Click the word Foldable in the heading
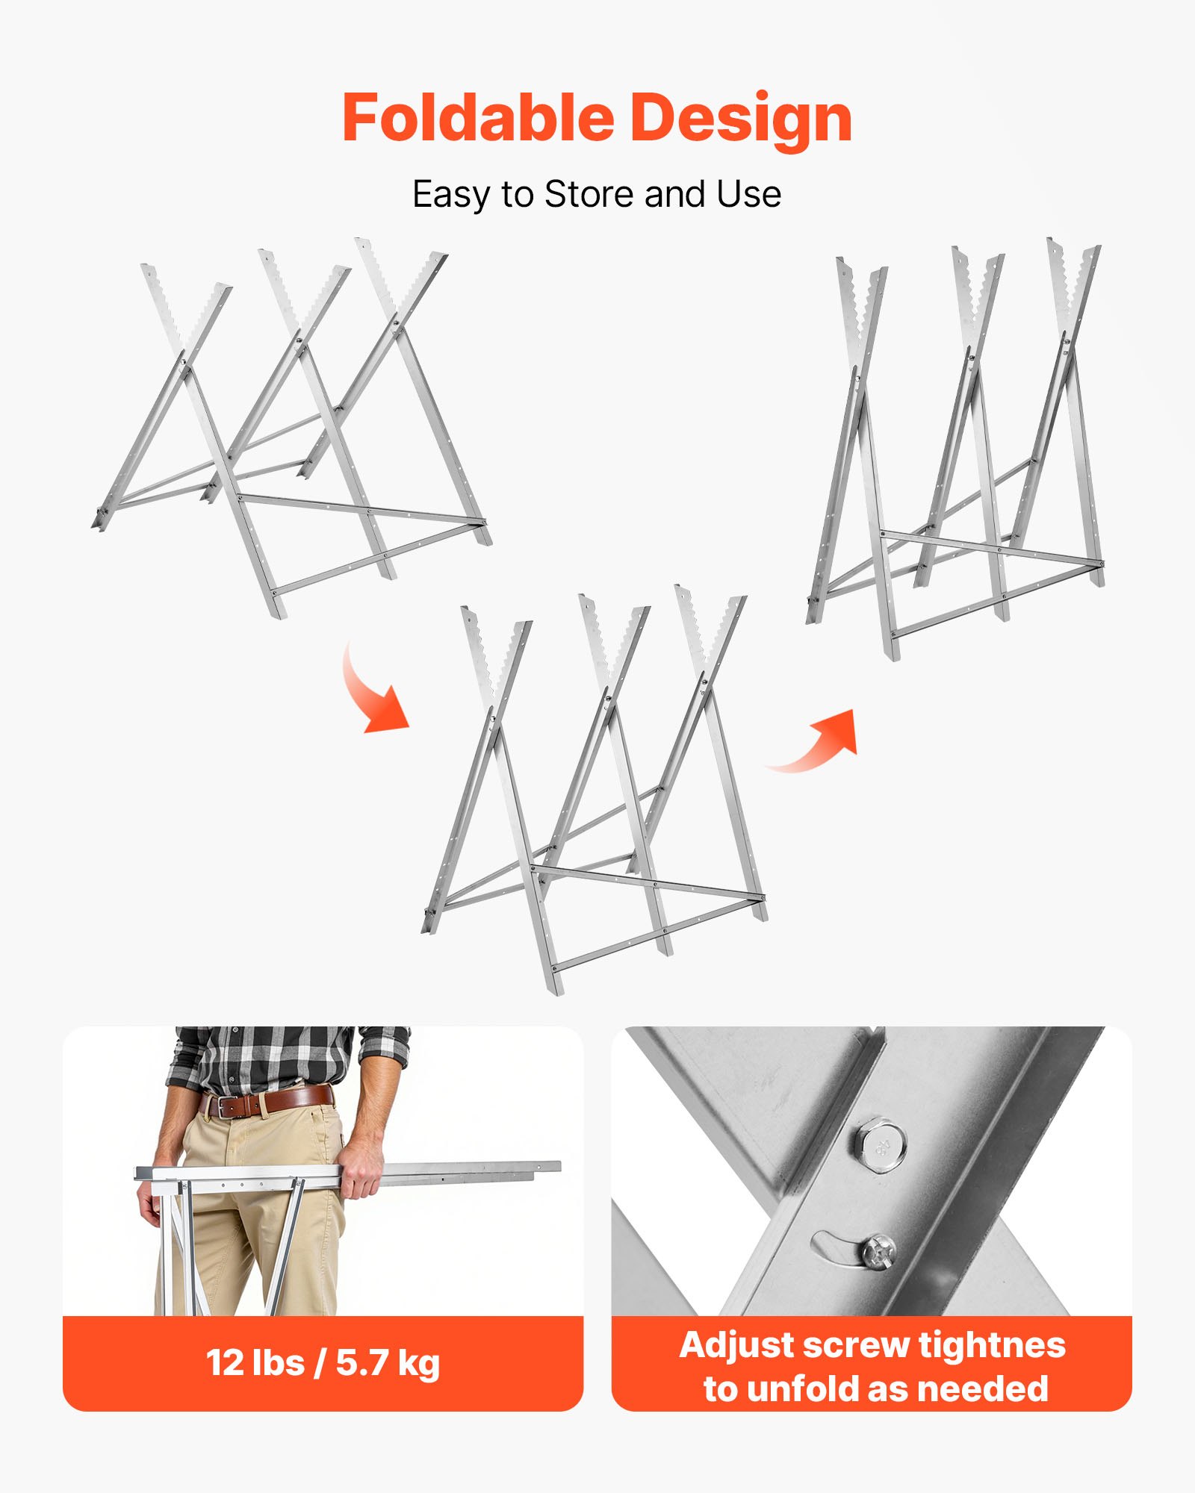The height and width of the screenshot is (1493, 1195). pyautogui.click(x=478, y=117)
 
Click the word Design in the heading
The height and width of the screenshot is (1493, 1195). pyautogui.click(x=742, y=119)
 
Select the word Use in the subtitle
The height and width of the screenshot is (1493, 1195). pyautogui.click(x=749, y=194)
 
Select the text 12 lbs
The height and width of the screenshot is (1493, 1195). pyautogui.click(x=255, y=1363)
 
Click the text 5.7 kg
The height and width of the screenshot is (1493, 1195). pyautogui.click(x=388, y=1365)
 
